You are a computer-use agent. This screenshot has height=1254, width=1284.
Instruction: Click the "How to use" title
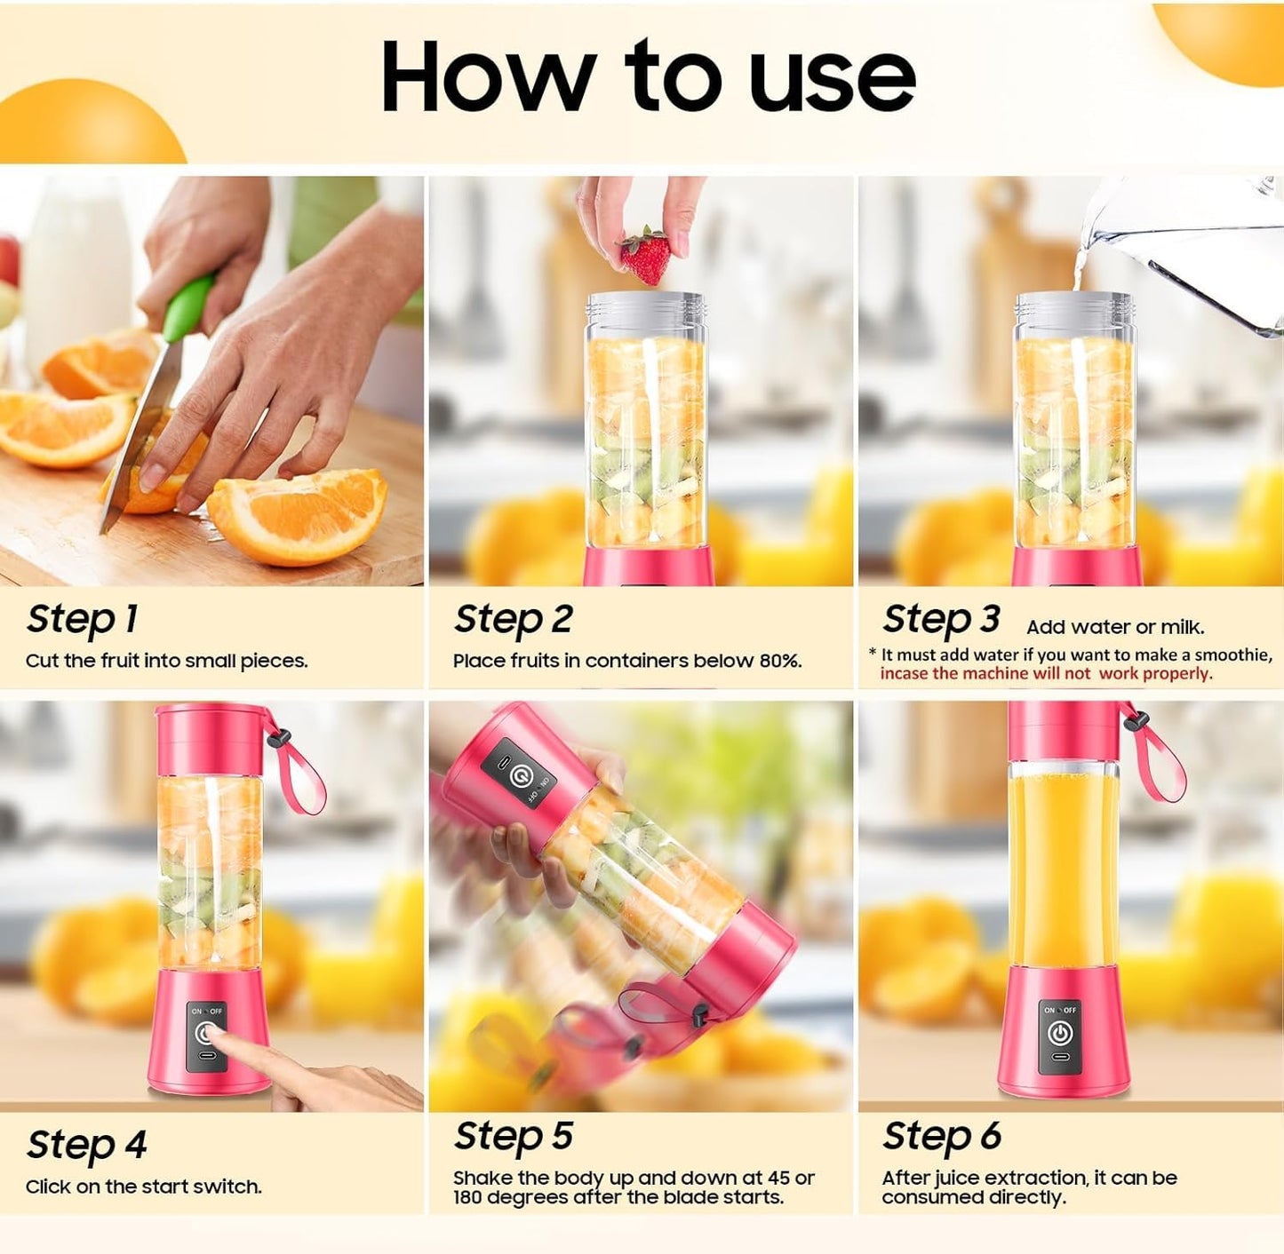(647, 77)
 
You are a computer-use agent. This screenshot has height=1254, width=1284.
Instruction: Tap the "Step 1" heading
(82, 619)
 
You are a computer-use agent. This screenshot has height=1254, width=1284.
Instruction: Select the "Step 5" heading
(513, 1136)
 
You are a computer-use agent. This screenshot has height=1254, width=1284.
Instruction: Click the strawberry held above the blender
(646, 255)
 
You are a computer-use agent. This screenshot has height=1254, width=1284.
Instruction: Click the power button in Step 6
(1059, 1033)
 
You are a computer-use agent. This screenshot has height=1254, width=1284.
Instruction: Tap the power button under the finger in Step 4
(206, 1033)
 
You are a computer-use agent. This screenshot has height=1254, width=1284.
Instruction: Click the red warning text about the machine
(1046, 674)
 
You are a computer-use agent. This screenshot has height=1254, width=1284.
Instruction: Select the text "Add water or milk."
(1115, 627)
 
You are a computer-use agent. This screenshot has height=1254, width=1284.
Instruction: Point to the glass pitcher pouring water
(1191, 249)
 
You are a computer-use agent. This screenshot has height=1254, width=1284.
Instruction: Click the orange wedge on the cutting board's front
(298, 515)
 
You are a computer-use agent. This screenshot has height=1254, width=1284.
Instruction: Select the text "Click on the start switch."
(143, 1187)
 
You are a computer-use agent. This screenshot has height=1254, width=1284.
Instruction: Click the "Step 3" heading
(941, 619)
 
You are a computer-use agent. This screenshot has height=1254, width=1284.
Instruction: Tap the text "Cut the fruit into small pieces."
(166, 661)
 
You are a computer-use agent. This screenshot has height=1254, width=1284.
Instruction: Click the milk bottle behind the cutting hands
(76, 266)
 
